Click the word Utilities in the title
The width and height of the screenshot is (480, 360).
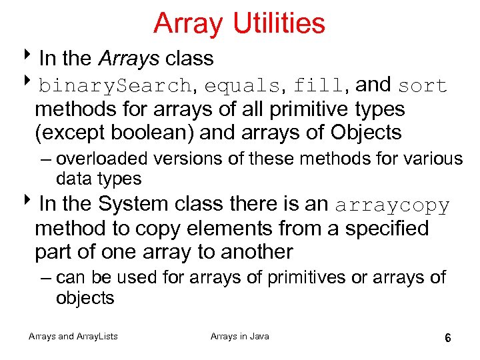point(279,23)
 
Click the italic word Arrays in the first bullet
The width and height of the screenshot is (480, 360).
point(129,59)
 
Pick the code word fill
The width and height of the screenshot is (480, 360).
point(319,86)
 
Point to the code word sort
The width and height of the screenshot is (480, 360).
point(422,86)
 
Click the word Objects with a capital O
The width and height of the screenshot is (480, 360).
point(366,133)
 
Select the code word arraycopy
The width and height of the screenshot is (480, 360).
point(393,205)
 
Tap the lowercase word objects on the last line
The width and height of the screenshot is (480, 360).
point(85,298)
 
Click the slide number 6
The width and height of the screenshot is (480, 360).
point(448,338)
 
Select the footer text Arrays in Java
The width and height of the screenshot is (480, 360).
point(240,337)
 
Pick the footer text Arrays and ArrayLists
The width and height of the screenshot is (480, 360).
point(73,337)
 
